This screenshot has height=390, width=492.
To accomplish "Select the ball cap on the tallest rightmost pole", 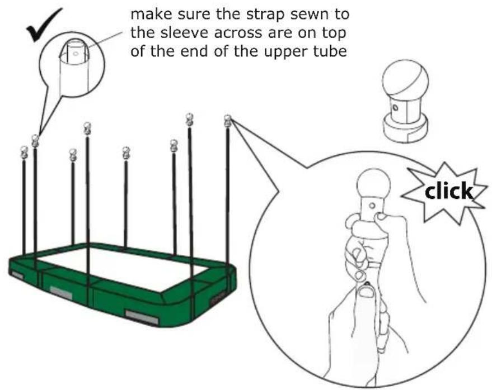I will pyautogui.click(x=227, y=121).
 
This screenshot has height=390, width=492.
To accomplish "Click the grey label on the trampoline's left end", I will pyautogui.click(x=17, y=274).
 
